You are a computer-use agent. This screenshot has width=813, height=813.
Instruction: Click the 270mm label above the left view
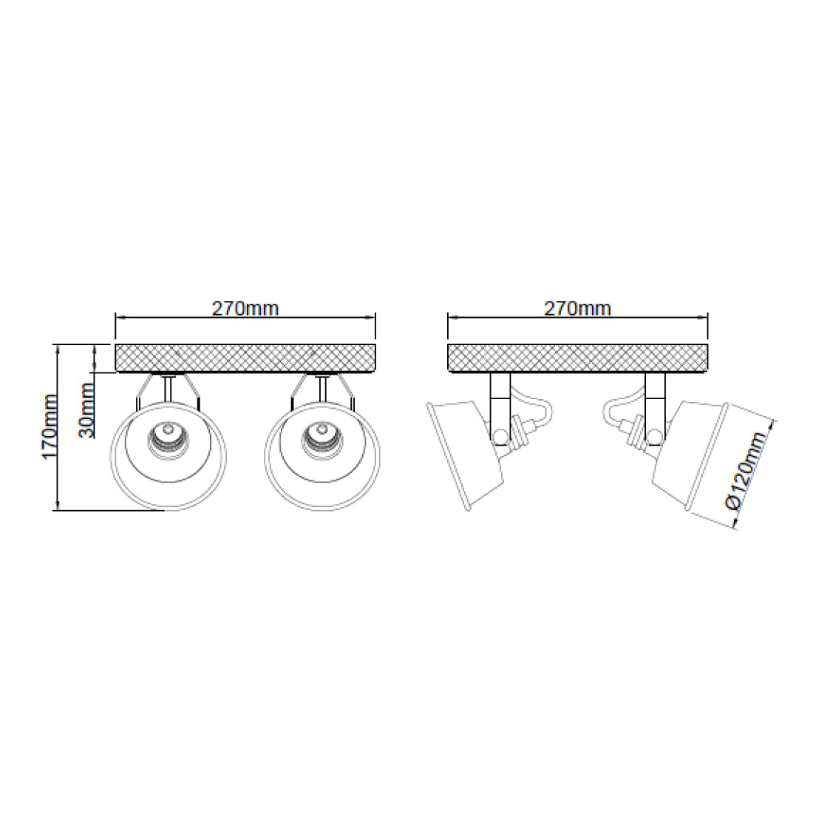[245, 308]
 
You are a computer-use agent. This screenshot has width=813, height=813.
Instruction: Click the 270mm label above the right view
[578, 308]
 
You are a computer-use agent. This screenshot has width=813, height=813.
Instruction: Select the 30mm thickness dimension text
[87, 410]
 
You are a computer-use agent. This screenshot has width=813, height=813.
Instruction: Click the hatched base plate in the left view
[245, 358]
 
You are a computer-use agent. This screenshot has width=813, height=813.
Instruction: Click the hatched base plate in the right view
[578, 358]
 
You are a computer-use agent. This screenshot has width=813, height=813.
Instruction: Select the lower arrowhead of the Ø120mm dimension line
[735, 523]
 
